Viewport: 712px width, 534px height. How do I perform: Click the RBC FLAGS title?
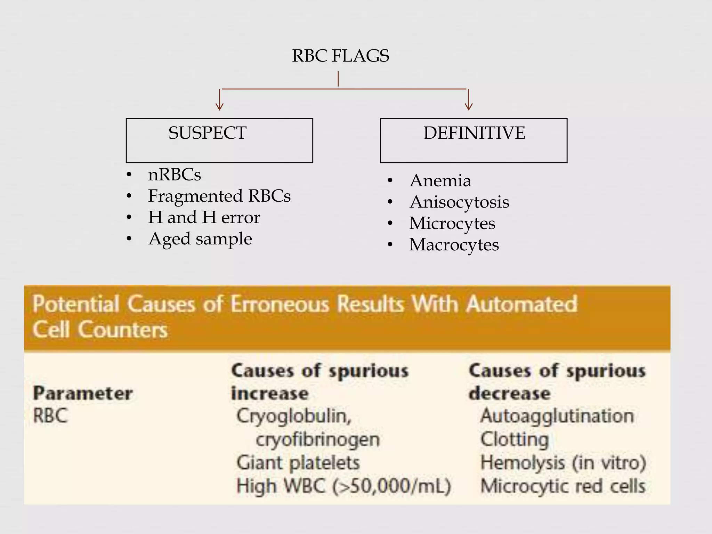[x=340, y=56]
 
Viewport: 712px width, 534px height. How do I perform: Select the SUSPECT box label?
[x=208, y=133]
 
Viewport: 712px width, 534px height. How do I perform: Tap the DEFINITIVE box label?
[x=474, y=133]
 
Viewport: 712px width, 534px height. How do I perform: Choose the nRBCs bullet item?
[x=175, y=175]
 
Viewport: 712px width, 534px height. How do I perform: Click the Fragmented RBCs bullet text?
[x=219, y=196]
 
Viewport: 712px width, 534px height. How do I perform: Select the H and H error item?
[x=204, y=218]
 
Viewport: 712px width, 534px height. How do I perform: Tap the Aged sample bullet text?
[x=200, y=239]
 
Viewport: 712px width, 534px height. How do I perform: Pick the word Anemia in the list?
[x=440, y=181]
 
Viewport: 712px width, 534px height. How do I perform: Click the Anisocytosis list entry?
[x=459, y=202]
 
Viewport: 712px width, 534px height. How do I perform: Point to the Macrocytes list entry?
[x=454, y=245]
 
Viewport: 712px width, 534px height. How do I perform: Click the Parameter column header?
[x=83, y=394]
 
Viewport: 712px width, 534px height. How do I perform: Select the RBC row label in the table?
[x=50, y=416]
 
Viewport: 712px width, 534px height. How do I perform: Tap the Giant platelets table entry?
[x=298, y=463]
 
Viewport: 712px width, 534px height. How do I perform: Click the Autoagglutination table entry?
[x=557, y=416]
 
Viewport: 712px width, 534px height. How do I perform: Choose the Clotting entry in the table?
[x=515, y=439]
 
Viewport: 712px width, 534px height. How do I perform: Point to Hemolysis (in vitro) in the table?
[x=563, y=463]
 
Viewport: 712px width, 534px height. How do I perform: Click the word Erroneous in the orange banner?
[x=280, y=304]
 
